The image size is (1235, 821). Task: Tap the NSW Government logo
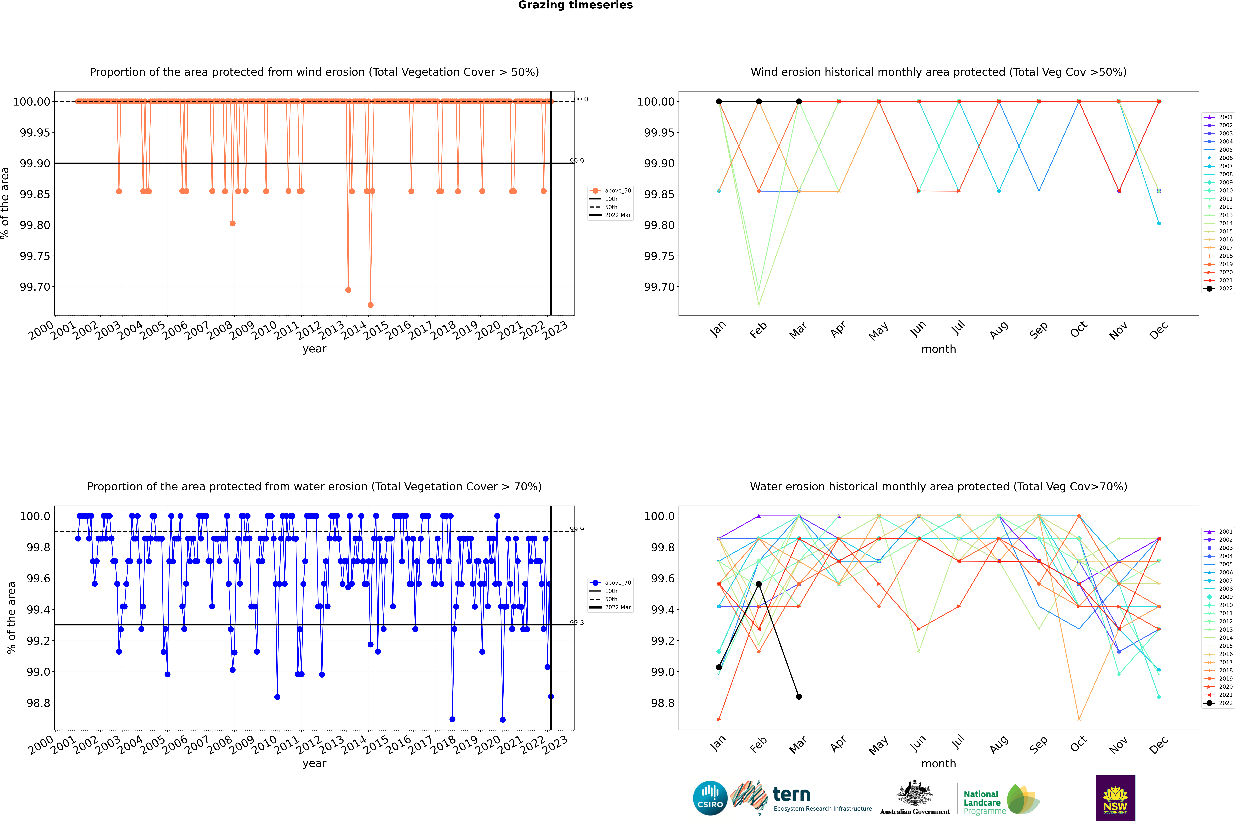pos(1115,798)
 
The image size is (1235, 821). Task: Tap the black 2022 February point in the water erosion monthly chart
pos(759,584)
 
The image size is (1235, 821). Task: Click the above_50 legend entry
pos(610,191)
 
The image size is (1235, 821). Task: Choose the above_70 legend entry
pos(610,583)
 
